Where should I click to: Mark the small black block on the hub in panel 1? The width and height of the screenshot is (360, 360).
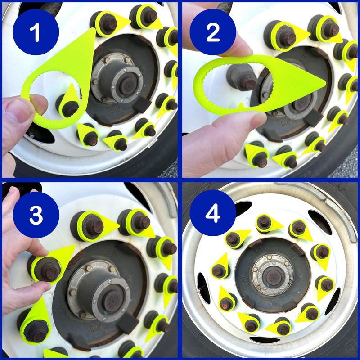pos(142,105)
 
